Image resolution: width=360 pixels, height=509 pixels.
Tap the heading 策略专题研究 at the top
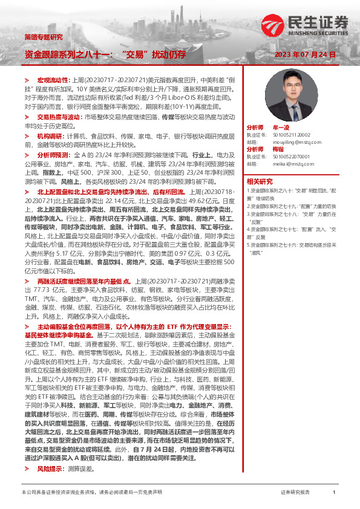click(43, 37)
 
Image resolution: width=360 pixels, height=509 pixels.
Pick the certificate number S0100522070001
click(296, 156)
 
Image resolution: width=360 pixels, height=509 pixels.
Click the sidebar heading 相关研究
click(260, 181)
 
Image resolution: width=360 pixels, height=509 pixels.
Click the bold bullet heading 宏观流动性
click(54, 80)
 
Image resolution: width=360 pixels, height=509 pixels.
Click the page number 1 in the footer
click(334, 492)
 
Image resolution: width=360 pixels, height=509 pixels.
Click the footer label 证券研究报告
click(296, 492)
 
